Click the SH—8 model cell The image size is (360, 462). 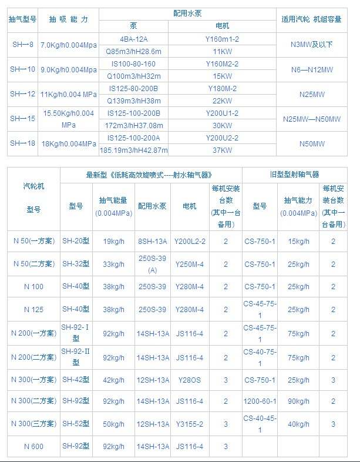pyautogui.click(x=23, y=45)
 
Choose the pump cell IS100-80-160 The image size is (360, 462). pyautogui.click(x=133, y=63)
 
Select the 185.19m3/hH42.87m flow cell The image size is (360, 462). pyautogui.click(x=133, y=150)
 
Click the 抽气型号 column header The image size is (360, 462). pyautogui.click(x=23, y=19)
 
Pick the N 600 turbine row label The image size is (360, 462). pyautogui.click(x=33, y=447)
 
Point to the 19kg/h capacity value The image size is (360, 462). pyautogui.click(x=113, y=241)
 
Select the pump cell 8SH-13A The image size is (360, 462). pyautogui.click(x=153, y=241)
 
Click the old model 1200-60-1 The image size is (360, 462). pyautogui.click(x=259, y=401)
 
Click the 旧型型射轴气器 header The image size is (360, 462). pyautogui.click(x=294, y=175)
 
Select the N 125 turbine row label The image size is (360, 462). pyautogui.click(x=33, y=310)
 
